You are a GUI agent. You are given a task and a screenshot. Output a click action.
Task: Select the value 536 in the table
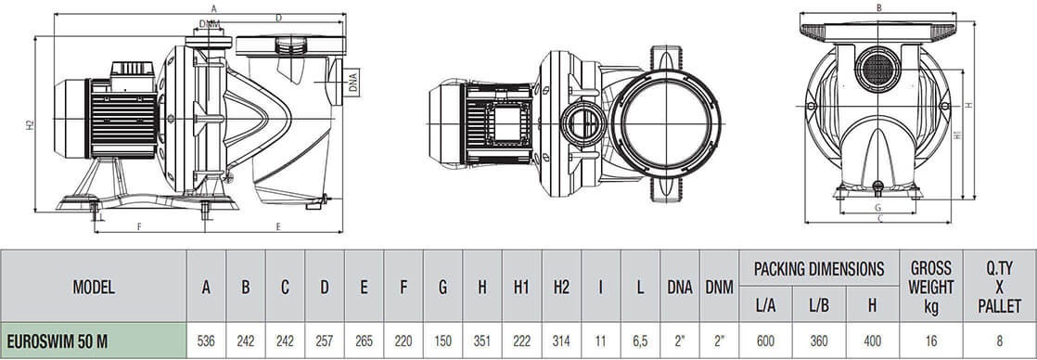[x=206, y=341]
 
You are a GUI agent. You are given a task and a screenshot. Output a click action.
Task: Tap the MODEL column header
[x=94, y=288]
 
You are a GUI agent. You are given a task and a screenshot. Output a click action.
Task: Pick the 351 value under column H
[x=482, y=341]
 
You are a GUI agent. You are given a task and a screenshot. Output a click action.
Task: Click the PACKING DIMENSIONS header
[x=819, y=269]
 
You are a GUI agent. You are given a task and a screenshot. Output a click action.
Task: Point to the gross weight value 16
[x=931, y=341]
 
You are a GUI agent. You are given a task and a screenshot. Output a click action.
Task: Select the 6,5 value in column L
[x=639, y=341]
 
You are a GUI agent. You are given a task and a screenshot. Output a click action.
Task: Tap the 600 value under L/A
[x=766, y=341]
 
